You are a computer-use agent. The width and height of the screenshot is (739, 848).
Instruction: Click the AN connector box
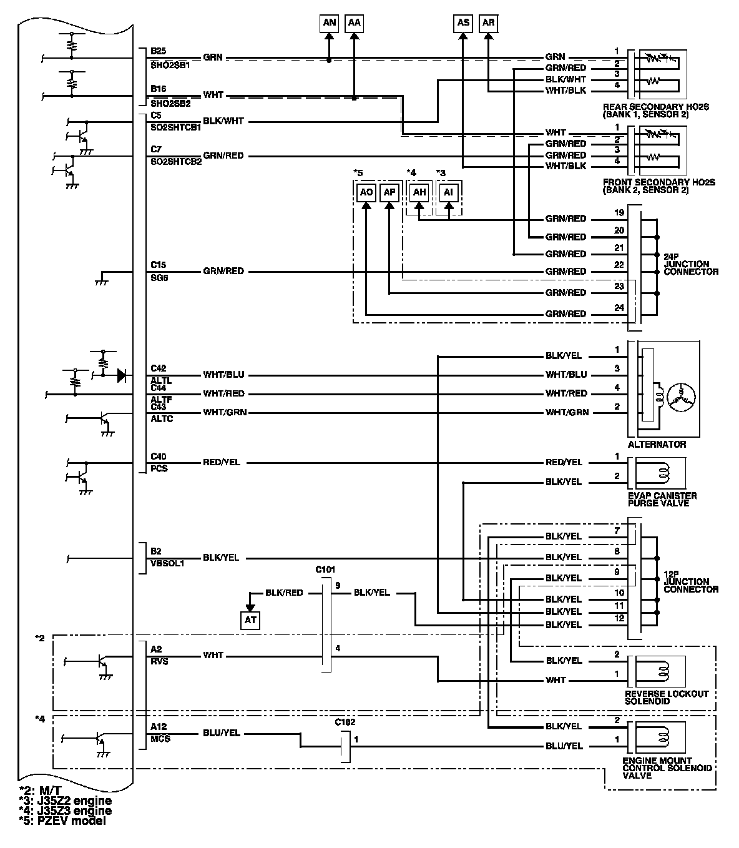(330, 23)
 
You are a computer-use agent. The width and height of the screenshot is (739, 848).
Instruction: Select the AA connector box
(354, 23)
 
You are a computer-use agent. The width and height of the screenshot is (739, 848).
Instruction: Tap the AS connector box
(463, 23)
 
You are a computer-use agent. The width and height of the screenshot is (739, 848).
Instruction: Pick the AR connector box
(489, 23)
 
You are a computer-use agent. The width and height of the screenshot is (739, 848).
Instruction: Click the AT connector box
(251, 620)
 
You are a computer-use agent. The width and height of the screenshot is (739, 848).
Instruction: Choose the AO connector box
(366, 192)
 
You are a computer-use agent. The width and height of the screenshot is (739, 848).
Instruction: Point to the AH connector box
(419, 192)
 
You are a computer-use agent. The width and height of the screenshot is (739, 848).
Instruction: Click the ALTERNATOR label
(657, 445)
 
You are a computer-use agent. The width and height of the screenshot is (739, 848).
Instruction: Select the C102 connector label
(345, 722)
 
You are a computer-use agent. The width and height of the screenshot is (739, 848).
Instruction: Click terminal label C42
(159, 368)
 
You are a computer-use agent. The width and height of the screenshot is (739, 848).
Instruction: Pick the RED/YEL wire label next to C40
(221, 463)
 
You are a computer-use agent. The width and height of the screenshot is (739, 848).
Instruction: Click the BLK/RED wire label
(284, 593)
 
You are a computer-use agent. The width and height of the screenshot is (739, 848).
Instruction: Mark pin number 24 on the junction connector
(619, 308)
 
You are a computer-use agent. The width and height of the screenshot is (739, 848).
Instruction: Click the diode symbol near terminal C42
(122, 375)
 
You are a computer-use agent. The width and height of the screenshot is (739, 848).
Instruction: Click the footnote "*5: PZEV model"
(62, 821)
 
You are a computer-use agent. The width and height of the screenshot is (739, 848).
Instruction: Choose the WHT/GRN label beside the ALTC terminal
(223, 413)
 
